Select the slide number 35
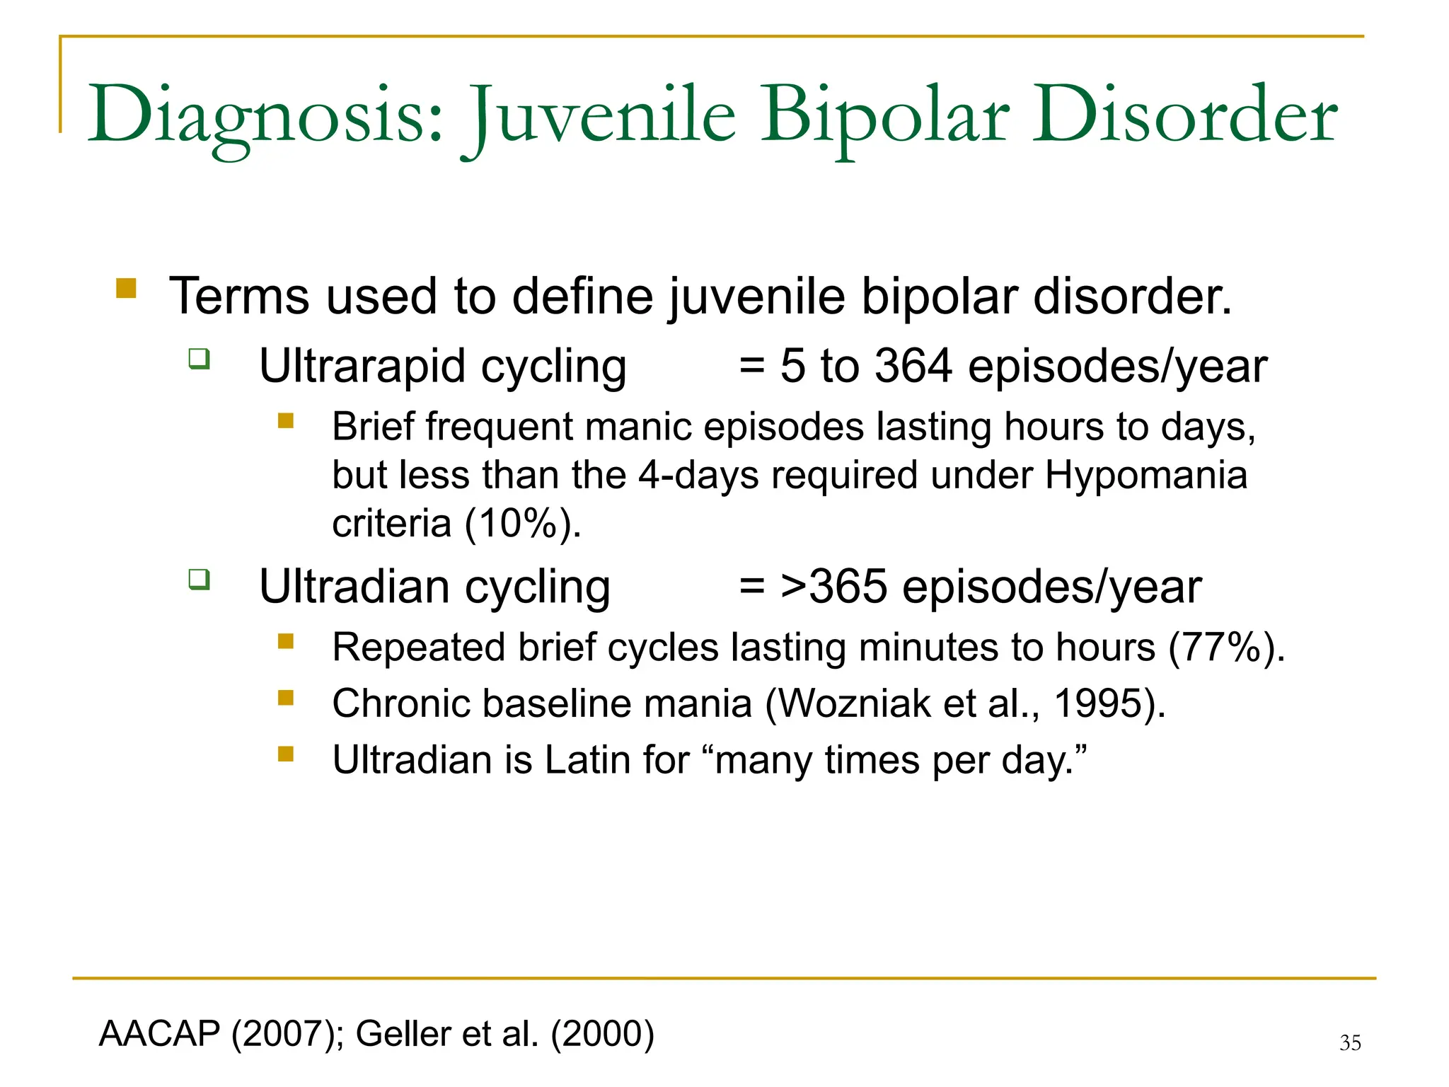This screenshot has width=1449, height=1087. pos(1350,1042)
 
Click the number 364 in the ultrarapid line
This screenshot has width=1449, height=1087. pos(913,367)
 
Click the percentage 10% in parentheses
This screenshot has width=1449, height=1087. pos(519,524)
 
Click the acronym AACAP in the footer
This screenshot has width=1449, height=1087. pos(160,1033)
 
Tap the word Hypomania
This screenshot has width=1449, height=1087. pos(1145,475)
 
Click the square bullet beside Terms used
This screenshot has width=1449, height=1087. pos(126,288)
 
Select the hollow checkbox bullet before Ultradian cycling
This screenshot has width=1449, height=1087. pos(200,580)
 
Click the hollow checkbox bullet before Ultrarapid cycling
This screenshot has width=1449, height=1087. pos(200,359)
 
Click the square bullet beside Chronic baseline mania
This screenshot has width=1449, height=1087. pos(286,698)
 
